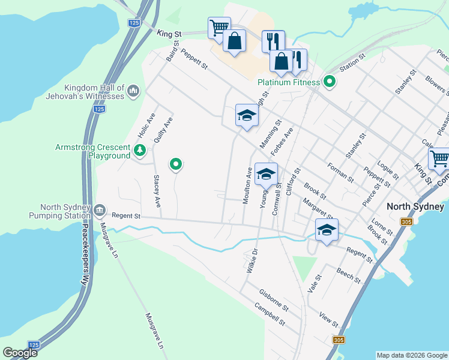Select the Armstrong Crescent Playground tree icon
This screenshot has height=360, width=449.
(140, 150)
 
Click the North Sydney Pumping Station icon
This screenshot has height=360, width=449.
(100, 211)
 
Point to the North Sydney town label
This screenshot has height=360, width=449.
(415, 206)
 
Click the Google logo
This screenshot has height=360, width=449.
(20, 352)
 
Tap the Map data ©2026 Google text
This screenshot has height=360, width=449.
(411, 355)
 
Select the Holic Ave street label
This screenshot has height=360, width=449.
(143, 124)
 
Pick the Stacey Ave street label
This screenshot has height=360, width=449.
(157, 191)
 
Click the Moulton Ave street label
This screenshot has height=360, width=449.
(247, 185)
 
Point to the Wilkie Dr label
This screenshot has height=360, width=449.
(252, 260)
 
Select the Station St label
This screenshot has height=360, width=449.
(352, 63)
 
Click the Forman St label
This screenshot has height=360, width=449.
(340, 172)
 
